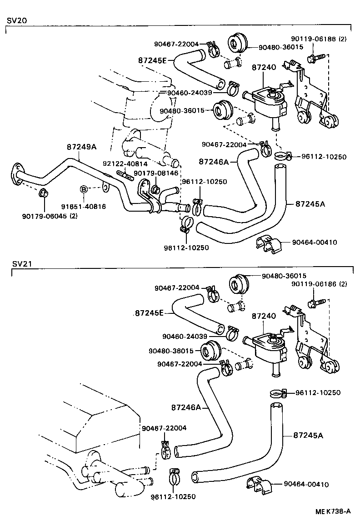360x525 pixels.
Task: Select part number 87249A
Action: (82, 147)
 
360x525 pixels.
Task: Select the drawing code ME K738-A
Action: (333, 511)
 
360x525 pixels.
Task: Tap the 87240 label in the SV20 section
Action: (264, 68)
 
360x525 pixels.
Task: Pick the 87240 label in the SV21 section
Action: (264, 315)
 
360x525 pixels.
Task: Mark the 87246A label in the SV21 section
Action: (186, 407)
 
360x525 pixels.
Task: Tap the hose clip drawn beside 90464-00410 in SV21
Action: (258, 485)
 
